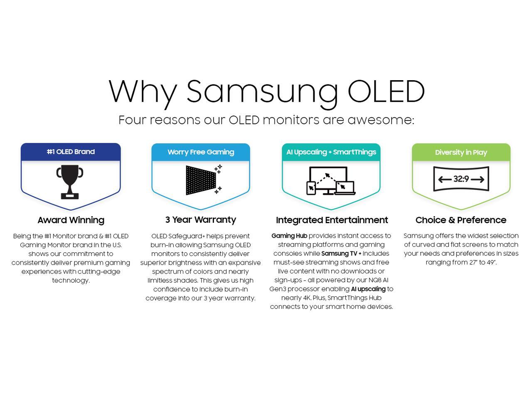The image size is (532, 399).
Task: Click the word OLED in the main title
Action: (x=386, y=91)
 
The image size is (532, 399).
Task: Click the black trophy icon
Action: (x=70, y=182)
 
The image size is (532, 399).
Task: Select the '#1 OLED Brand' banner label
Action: (x=71, y=152)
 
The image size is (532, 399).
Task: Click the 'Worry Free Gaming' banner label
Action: (x=201, y=152)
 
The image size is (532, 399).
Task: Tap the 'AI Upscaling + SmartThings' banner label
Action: (x=331, y=152)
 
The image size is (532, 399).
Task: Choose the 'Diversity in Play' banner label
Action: (x=461, y=153)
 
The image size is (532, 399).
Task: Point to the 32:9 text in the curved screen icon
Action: (x=461, y=179)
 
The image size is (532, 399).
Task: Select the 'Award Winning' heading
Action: (x=71, y=220)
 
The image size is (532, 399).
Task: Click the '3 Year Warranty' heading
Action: (x=201, y=219)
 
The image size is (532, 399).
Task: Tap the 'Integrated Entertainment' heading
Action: (x=332, y=220)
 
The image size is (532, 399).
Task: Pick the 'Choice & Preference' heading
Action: (x=461, y=220)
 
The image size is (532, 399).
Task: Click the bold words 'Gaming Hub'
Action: (x=289, y=236)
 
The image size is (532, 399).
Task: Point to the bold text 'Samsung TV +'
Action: (x=341, y=254)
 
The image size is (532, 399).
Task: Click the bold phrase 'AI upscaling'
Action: (x=368, y=289)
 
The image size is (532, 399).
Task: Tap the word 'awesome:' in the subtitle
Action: (x=381, y=120)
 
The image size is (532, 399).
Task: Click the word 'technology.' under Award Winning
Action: (x=71, y=281)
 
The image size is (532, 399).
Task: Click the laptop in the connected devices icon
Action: (x=345, y=188)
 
